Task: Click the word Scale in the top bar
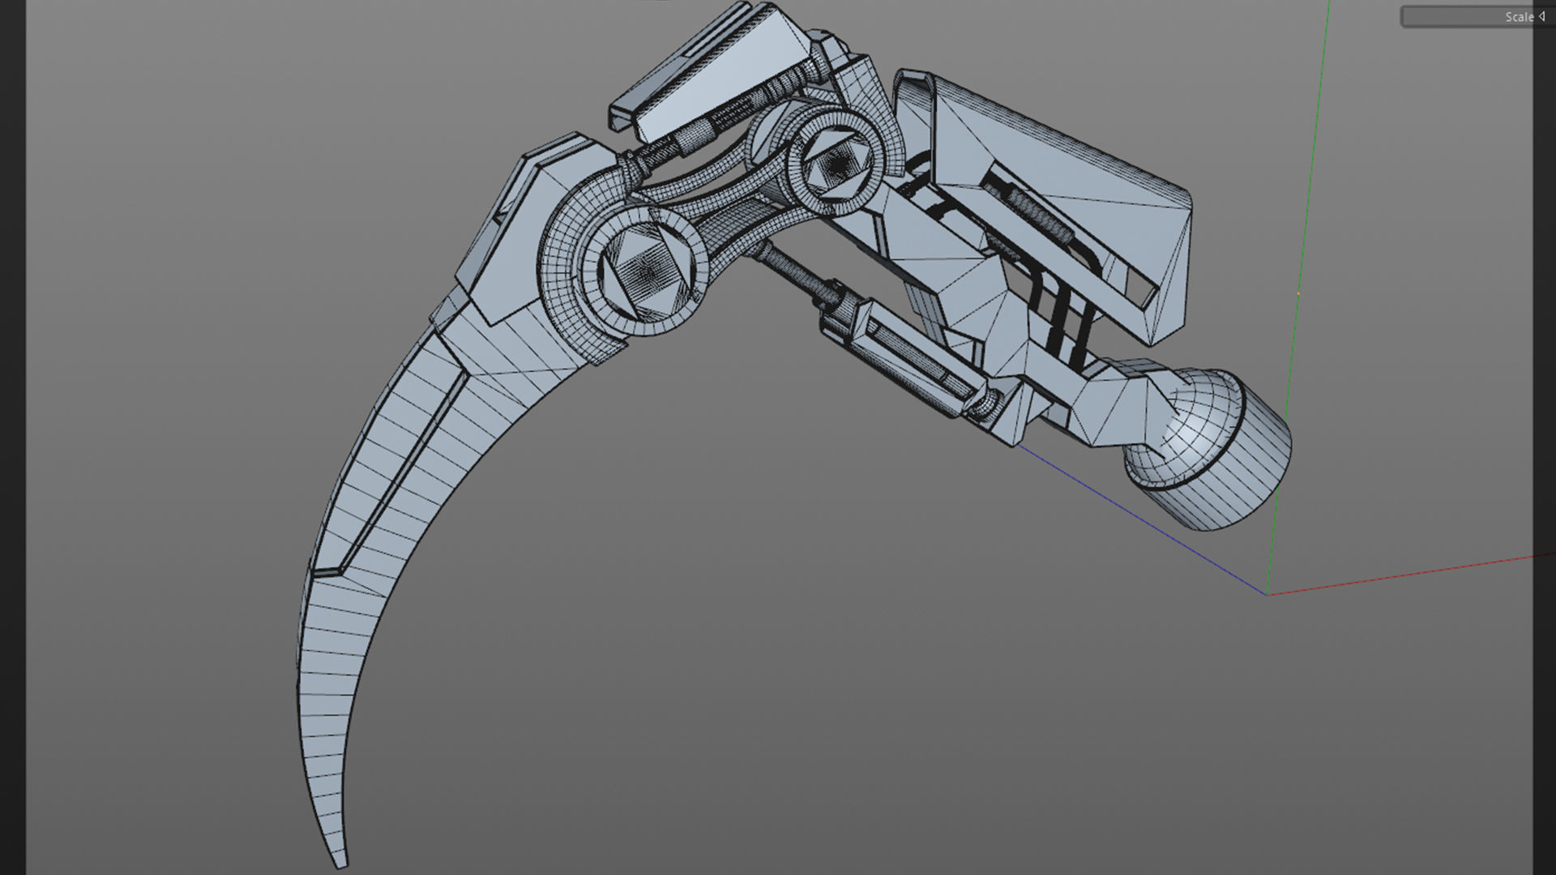(x=1519, y=17)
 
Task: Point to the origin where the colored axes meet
(x=1267, y=594)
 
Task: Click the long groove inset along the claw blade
(x=405, y=470)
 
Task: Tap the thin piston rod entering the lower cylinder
(x=790, y=271)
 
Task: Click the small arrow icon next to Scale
(x=1541, y=16)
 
